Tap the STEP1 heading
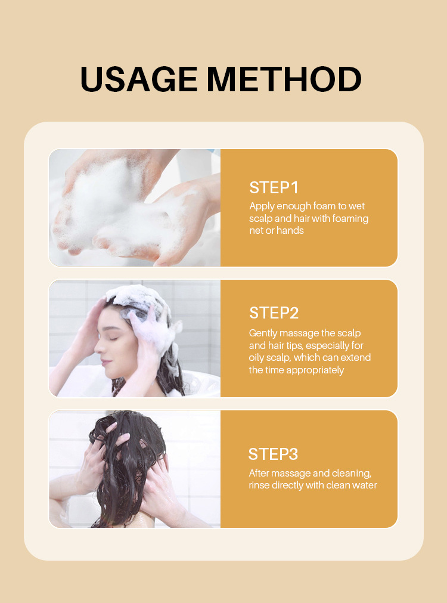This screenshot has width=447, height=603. [274, 187]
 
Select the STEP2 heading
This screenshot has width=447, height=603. [274, 313]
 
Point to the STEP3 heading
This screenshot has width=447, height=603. [273, 454]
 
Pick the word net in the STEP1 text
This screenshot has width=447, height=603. [256, 230]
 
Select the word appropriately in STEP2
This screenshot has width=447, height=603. [315, 370]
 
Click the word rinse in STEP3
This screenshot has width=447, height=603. [260, 486]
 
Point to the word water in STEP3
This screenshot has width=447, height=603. [364, 486]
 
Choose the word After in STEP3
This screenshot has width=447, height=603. [260, 473]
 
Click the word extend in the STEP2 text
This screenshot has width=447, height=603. [355, 357]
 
